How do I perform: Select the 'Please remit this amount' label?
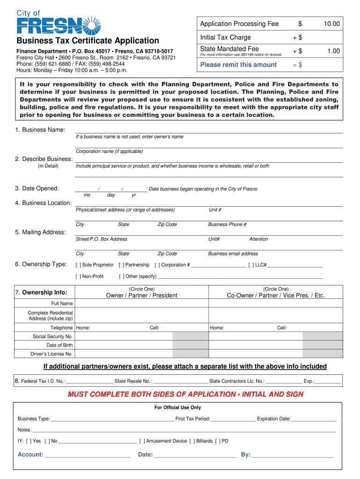tap(238, 65)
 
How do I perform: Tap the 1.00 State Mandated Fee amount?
tap(333, 51)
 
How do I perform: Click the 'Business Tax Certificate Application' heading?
tap(88, 41)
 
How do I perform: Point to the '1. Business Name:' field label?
tap(40, 130)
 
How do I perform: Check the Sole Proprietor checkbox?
tap(78, 265)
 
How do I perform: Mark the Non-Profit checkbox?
tap(78, 276)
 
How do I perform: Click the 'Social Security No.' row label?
tap(52, 336)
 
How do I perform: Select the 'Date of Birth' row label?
tap(59, 345)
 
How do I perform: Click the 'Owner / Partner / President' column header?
tap(142, 295)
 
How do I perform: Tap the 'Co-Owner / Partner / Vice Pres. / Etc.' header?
tap(275, 295)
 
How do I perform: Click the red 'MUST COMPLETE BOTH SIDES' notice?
tap(186, 394)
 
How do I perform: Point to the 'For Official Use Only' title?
tap(178, 407)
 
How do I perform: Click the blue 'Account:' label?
tap(30, 455)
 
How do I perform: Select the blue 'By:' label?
tap(246, 455)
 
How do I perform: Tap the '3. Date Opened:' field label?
tap(37, 189)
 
